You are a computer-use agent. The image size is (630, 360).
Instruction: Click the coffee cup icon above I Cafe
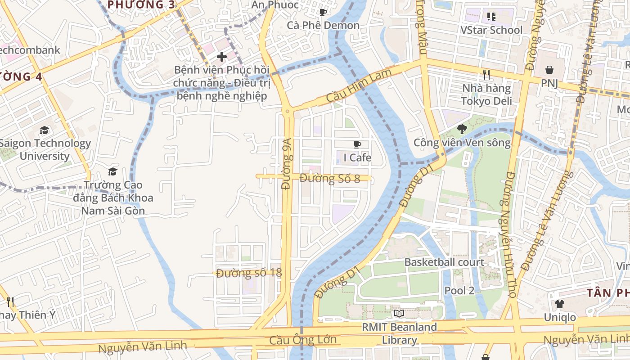[357, 144]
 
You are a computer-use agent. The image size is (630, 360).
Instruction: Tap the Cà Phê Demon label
[323, 25]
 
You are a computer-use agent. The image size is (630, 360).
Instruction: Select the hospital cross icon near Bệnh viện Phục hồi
[221, 57]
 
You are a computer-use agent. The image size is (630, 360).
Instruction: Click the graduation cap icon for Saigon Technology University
[44, 130]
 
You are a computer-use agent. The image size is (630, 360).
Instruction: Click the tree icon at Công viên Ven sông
[462, 129]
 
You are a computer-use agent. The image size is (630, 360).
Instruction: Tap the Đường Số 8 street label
[329, 179]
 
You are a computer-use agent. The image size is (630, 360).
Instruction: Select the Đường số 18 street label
[248, 273]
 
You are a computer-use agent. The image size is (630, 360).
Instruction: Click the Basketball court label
[444, 262]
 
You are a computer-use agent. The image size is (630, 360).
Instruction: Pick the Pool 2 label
[459, 291]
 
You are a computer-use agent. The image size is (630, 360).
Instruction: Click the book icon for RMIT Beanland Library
[399, 313]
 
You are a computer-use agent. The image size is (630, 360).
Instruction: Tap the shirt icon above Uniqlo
[559, 304]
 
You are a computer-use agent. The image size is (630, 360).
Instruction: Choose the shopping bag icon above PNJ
[549, 70]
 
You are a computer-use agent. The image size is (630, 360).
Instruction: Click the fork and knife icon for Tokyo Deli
[486, 74]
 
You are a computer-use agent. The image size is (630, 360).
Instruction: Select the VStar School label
[491, 30]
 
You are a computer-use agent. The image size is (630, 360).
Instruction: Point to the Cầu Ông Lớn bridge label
[302, 340]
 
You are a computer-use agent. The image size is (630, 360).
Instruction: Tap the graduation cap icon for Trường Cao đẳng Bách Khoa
[112, 171]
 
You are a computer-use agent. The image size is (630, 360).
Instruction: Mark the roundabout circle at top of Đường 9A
[287, 110]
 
